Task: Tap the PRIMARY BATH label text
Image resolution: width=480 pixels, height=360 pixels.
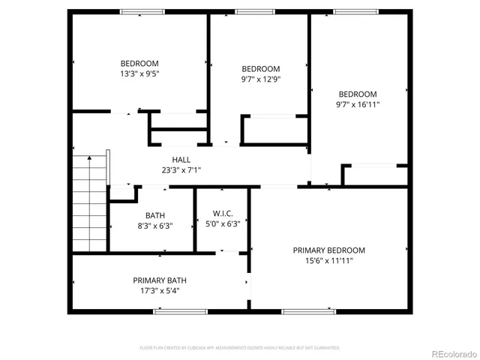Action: pos(155,280)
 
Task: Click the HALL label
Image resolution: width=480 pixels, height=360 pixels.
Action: pos(181,160)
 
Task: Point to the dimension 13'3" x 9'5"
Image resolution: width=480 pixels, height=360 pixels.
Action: pos(139,73)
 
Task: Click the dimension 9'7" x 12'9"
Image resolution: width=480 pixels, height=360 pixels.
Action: pos(260,79)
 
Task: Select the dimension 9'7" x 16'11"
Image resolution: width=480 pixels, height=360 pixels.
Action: pos(357,104)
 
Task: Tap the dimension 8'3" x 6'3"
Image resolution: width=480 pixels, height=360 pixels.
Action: pos(154,226)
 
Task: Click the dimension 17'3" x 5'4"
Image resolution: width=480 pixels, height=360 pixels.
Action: pos(155,291)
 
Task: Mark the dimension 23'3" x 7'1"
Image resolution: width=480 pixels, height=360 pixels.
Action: pos(181,170)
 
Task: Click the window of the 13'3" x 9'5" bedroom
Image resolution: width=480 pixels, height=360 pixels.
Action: pos(142,11)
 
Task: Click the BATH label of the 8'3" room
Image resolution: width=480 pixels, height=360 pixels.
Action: pos(155,215)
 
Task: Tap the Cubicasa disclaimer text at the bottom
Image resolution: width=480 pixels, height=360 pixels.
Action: pos(240,348)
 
